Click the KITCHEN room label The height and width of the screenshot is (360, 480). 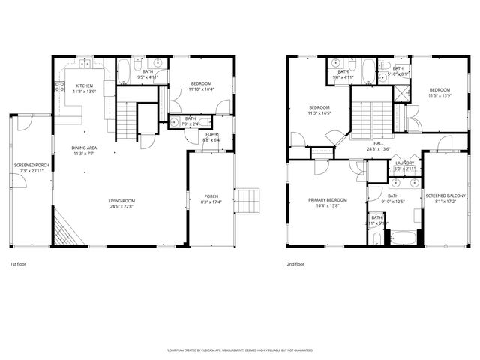click(84, 85)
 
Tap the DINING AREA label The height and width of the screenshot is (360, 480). click(84, 148)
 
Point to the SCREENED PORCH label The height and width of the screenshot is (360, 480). click(31, 165)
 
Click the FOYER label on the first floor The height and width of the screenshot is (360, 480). click(212, 134)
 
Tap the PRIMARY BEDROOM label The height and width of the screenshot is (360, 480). click(328, 200)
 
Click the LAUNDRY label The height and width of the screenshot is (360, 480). click(406, 163)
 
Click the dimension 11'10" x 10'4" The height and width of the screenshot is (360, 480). click(201, 89)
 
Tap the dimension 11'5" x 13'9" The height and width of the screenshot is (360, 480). click(439, 95)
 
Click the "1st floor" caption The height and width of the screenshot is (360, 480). click(19, 264)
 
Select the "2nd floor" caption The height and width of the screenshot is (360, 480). click(295, 264)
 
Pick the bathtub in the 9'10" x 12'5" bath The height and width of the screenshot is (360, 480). click(403, 239)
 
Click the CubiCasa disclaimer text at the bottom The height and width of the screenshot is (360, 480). click(239, 350)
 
